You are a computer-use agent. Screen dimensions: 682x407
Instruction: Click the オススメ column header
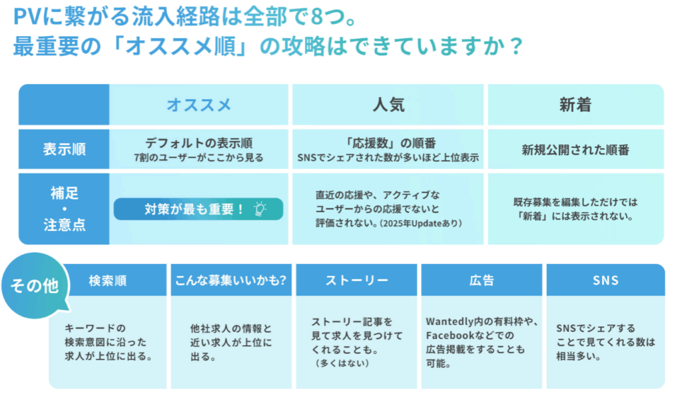pyautogui.click(x=198, y=105)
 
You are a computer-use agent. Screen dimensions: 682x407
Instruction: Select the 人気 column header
pyautogui.click(x=388, y=105)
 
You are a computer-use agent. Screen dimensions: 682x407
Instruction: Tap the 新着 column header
pyautogui.click(x=575, y=105)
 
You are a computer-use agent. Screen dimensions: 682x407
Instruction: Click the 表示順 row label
pyautogui.click(x=64, y=149)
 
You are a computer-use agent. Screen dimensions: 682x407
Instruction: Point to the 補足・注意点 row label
pyautogui.click(x=64, y=208)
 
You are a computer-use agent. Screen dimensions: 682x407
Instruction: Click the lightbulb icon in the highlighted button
pyautogui.click(x=260, y=208)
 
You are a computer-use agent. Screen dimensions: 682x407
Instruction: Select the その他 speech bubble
pyautogui.click(x=35, y=286)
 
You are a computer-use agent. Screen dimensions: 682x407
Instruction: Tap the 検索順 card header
pyautogui.click(x=107, y=280)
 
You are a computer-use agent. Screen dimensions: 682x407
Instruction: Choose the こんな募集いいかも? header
pyautogui.click(x=231, y=280)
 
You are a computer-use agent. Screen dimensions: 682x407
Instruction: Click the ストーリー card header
pyautogui.click(x=357, y=280)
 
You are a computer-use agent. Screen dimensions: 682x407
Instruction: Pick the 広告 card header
pyautogui.click(x=482, y=280)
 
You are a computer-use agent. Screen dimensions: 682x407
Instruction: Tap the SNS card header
pyautogui.click(x=605, y=280)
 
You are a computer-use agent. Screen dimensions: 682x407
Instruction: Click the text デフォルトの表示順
pyautogui.click(x=198, y=143)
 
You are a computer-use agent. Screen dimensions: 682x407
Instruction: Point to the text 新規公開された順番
pyautogui.click(x=575, y=150)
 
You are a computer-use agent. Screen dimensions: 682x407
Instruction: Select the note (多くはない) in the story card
pyautogui.click(x=342, y=363)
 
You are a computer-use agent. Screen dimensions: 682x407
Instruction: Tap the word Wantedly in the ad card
pyautogui.click(x=450, y=322)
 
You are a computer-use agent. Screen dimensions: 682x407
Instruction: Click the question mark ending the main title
pyautogui.click(x=516, y=46)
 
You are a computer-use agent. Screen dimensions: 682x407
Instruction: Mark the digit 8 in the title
pyautogui.click(x=317, y=17)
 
